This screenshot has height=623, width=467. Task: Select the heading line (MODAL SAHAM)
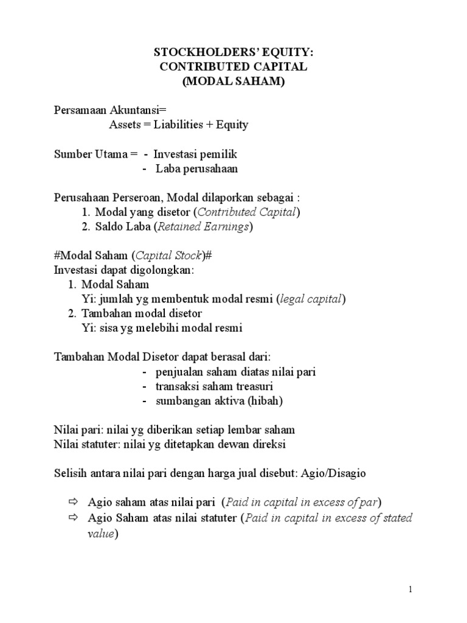coord(233,82)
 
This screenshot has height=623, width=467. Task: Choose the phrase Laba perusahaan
coord(196,169)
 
